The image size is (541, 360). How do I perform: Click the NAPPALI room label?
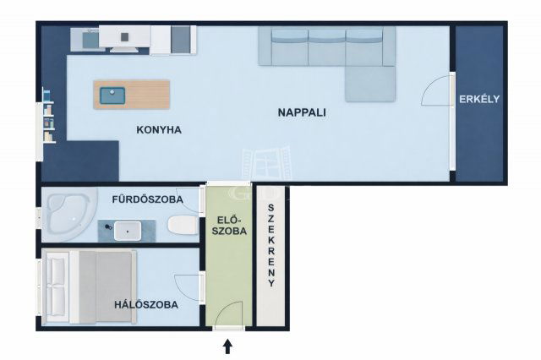302,112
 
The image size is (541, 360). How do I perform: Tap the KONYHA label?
159,130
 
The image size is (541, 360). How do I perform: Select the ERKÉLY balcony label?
479,100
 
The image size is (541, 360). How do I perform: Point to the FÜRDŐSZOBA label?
148,199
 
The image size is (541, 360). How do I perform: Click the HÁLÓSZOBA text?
146,305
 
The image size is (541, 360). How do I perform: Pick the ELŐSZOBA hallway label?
229,226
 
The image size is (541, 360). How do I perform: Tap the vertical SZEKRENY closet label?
271,246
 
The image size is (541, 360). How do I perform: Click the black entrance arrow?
227,346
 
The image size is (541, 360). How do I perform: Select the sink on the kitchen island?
112,95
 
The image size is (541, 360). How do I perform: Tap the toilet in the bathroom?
183,225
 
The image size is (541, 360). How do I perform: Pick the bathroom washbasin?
128,231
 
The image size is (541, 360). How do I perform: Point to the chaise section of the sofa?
370,84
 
